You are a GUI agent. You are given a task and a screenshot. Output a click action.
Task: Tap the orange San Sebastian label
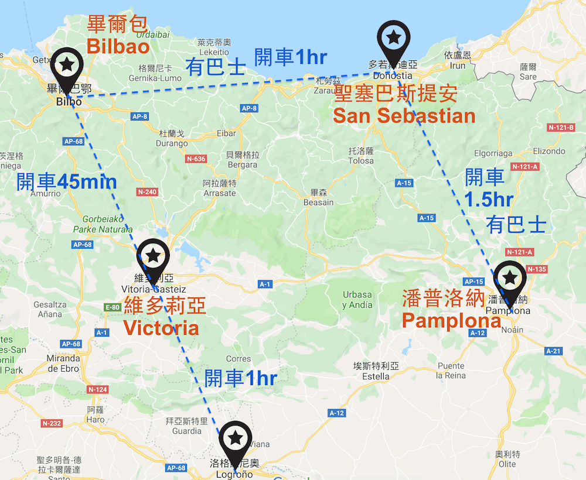[x=404, y=115]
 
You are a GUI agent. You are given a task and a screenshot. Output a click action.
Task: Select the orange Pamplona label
[x=451, y=320]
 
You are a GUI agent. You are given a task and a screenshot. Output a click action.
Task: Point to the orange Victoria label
[x=161, y=327]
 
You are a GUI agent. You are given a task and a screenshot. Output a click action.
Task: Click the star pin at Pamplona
[x=510, y=277]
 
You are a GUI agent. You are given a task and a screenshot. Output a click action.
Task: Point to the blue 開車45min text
[x=66, y=182]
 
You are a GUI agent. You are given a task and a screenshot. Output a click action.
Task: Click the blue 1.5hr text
[x=489, y=200]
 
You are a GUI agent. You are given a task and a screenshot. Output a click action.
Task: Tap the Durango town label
[x=172, y=143]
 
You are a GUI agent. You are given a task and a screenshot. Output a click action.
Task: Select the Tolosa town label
[x=360, y=160]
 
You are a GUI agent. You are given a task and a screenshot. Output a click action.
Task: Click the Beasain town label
[x=318, y=202]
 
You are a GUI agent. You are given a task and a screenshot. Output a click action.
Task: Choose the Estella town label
[x=376, y=376]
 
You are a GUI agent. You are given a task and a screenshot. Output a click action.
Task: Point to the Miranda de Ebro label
[x=63, y=364]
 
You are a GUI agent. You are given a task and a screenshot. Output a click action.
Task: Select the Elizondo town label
[x=549, y=150]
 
